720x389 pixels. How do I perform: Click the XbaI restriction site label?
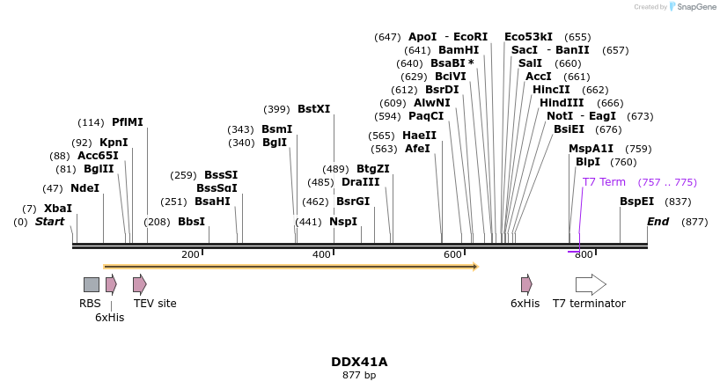pyautogui.click(x=58, y=209)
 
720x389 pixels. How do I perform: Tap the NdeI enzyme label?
pyautogui.click(x=84, y=188)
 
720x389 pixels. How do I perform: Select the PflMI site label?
pyautogui.click(x=127, y=122)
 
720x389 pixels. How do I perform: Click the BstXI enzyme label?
pyautogui.click(x=313, y=109)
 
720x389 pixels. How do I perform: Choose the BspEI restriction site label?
pyautogui.click(x=636, y=202)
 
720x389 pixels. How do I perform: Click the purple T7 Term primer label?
pyautogui.click(x=604, y=182)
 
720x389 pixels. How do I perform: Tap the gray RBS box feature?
pyautogui.click(x=92, y=284)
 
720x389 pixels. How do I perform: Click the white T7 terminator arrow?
pyautogui.click(x=591, y=284)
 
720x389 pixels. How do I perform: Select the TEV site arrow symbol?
pyautogui.click(x=140, y=284)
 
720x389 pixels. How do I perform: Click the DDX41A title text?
pyautogui.click(x=359, y=362)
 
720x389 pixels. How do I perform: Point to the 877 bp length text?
pyautogui.click(x=359, y=376)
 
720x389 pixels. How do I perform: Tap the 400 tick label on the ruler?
pyautogui.click(x=321, y=254)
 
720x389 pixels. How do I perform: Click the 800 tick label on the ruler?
pyautogui.click(x=584, y=254)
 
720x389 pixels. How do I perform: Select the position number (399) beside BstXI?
pyautogui.click(x=276, y=109)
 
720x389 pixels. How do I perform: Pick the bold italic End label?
pyautogui.click(x=658, y=222)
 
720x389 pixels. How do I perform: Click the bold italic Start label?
pyautogui.click(x=49, y=222)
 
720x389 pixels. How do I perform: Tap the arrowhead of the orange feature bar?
pyautogui.click(x=475, y=266)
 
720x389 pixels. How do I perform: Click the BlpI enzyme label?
pyautogui.click(x=587, y=162)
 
